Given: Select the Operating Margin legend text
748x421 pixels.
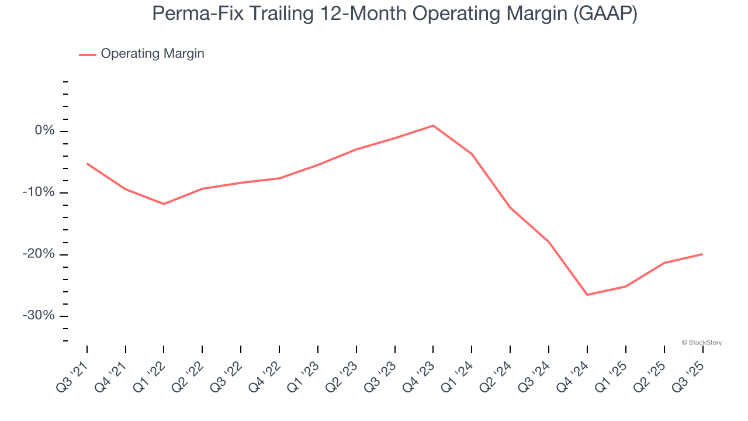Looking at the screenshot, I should [153, 54].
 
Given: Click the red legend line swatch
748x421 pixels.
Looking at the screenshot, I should [88, 54].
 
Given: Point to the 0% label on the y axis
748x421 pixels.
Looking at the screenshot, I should [44, 131].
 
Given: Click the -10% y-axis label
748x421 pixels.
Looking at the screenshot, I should [39, 192].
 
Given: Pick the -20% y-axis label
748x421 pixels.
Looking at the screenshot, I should [39, 254].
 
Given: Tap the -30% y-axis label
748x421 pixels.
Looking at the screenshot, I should [39, 316].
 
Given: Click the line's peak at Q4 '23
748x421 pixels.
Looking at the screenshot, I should [433, 126].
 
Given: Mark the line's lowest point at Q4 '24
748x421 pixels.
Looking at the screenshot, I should [587, 295].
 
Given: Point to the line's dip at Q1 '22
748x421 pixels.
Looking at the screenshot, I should [164, 204].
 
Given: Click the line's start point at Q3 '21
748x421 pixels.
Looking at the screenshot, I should [87, 164].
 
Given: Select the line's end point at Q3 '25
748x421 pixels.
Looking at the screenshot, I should [702, 254].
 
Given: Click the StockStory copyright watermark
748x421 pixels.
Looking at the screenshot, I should [701, 343].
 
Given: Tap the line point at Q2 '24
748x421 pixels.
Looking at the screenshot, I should [510, 208].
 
